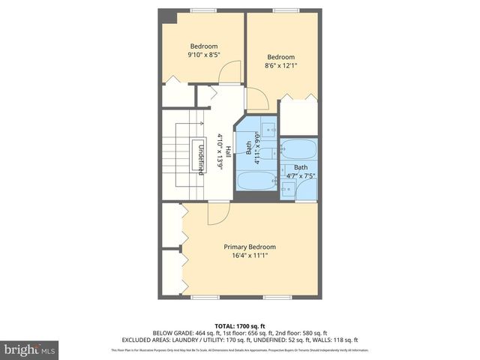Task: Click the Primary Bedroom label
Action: pyautogui.click(x=250, y=247)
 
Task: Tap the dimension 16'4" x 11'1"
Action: pyautogui.click(x=250, y=256)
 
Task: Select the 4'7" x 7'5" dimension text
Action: pyautogui.click(x=300, y=176)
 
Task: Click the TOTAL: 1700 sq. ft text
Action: pyautogui.click(x=239, y=325)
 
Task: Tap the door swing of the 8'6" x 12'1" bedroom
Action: pyautogui.click(x=257, y=98)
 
